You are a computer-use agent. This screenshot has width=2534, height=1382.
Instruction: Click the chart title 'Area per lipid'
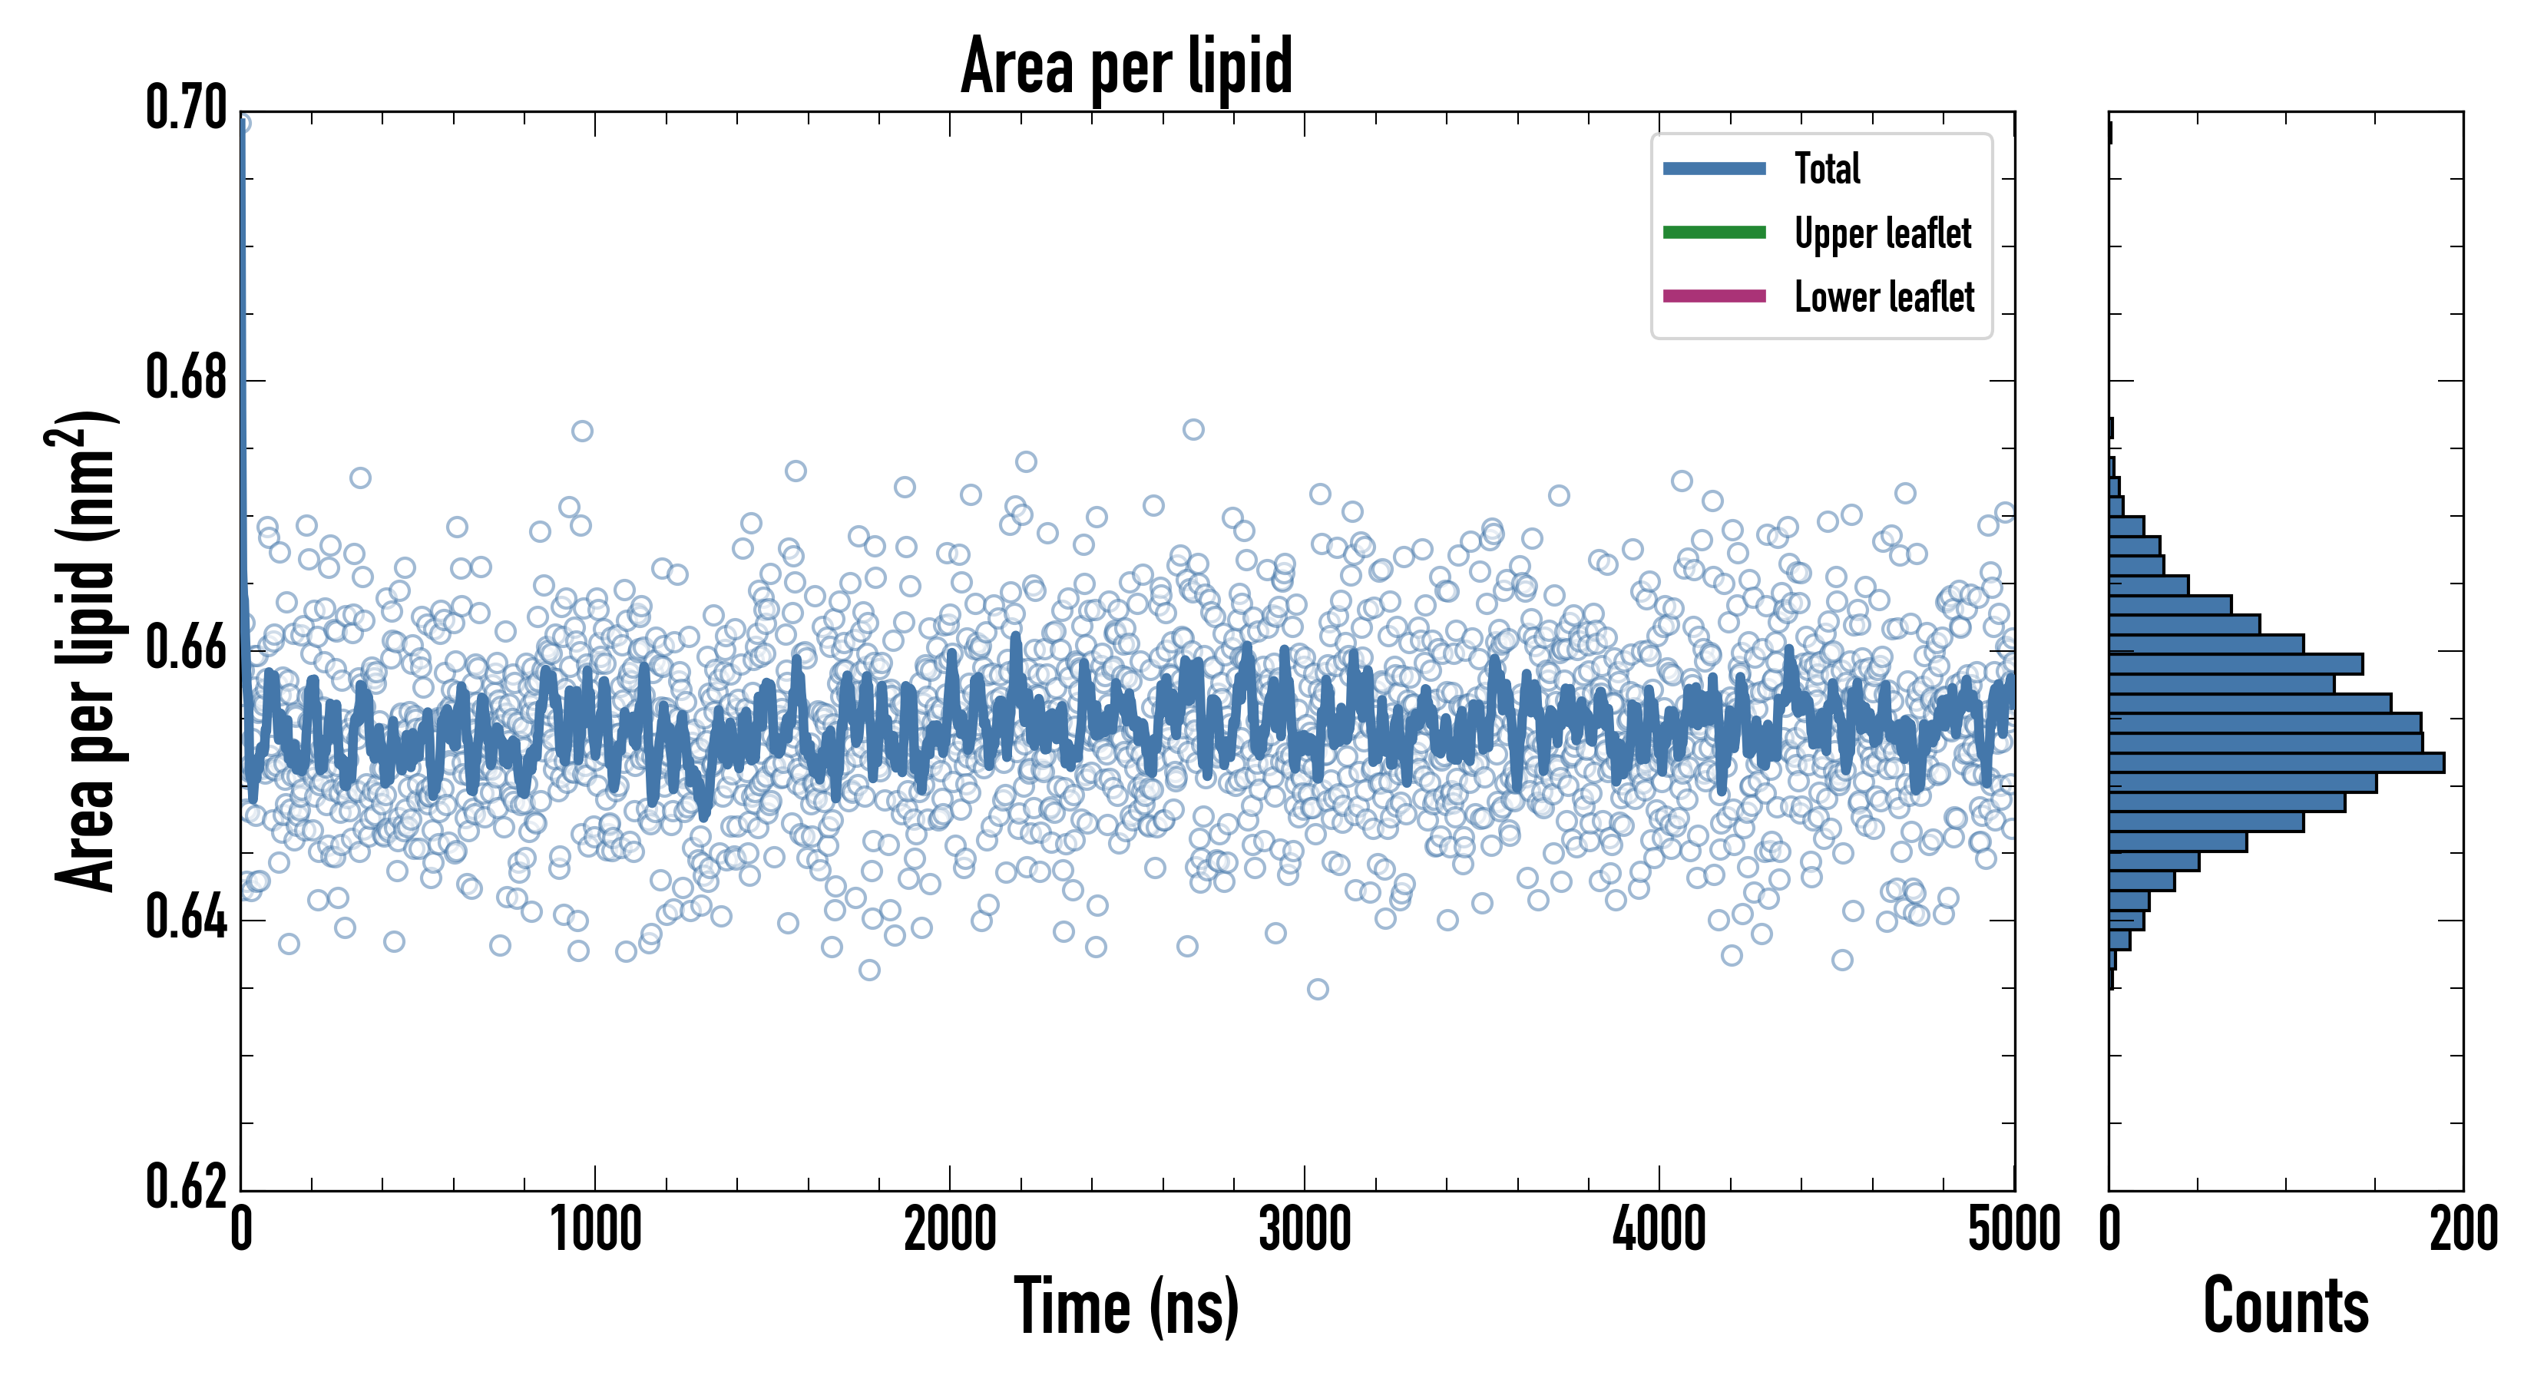(1126, 66)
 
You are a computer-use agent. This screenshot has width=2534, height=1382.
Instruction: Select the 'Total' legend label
(1827, 169)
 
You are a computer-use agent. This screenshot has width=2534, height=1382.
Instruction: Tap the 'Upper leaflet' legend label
(1883, 233)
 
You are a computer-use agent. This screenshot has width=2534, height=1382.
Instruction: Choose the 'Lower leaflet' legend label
(1884, 297)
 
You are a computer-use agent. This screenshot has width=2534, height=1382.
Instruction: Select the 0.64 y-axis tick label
(186, 919)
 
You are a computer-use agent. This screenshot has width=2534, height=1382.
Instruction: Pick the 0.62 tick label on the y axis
(186, 1186)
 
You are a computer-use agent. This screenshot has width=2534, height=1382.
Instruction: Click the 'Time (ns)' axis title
(1126, 1306)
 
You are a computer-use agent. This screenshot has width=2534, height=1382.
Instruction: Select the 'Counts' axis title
(2285, 1306)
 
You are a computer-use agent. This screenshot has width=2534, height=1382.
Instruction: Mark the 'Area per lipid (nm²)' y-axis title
(84, 651)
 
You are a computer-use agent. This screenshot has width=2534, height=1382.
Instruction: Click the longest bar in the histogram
(2276, 762)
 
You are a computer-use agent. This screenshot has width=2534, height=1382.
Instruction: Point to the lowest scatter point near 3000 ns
(1317, 989)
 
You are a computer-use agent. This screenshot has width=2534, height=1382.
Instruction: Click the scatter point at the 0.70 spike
(242, 123)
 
